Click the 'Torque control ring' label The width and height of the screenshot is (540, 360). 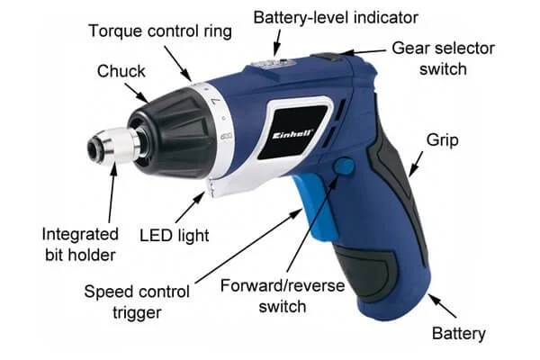[160, 31]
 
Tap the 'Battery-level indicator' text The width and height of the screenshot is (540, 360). [336, 18]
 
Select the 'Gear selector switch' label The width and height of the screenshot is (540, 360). [443, 58]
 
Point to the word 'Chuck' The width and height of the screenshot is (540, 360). [121, 71]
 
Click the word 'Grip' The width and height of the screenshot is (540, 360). [442, 140]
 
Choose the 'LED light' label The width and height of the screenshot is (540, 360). [175, 236]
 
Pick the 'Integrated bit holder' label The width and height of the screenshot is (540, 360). [80, 245]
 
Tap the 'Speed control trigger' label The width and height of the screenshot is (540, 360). [137, 302]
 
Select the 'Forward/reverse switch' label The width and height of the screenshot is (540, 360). [283, 296]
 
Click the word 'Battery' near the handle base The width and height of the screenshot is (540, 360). [459, 334]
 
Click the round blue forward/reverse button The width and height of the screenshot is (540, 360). [344, 166]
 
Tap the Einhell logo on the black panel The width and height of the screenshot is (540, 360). [292, 134]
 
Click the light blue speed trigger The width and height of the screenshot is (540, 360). [316, 206]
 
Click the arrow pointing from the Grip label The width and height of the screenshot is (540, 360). [416, 164]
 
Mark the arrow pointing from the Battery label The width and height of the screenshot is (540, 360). [442, 305]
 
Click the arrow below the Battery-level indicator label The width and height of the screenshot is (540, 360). [276, 42]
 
